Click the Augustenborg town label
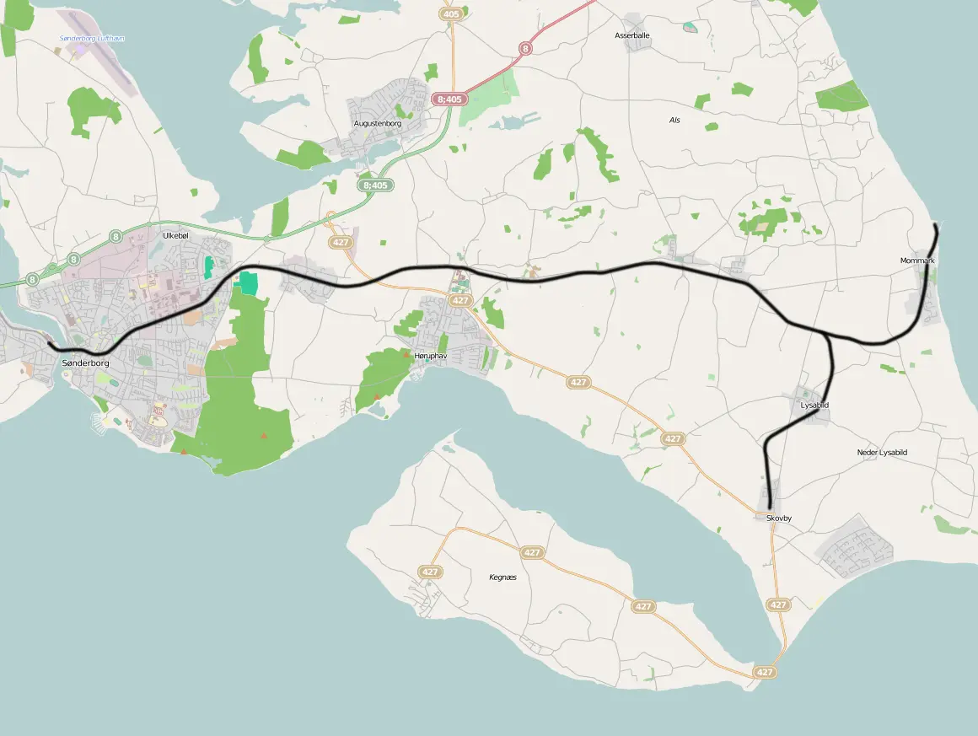[377, 124]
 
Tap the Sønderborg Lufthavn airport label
[92, 39]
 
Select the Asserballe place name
[631, 35]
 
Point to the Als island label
[674, 121]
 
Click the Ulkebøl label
[175, 235]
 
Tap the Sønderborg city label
[85, 363]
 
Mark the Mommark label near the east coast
[917, 261]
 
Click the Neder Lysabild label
[882, 453]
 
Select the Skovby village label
[779, 518]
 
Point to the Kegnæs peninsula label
[502, 578]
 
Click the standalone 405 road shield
[451, 14]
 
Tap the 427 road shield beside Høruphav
[459, 300]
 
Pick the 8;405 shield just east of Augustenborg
[449, 99]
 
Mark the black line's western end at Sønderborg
[49, 344]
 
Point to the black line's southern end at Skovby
[771, 508]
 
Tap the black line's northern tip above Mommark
[937, 225]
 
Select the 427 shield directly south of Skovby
[778, 604]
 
